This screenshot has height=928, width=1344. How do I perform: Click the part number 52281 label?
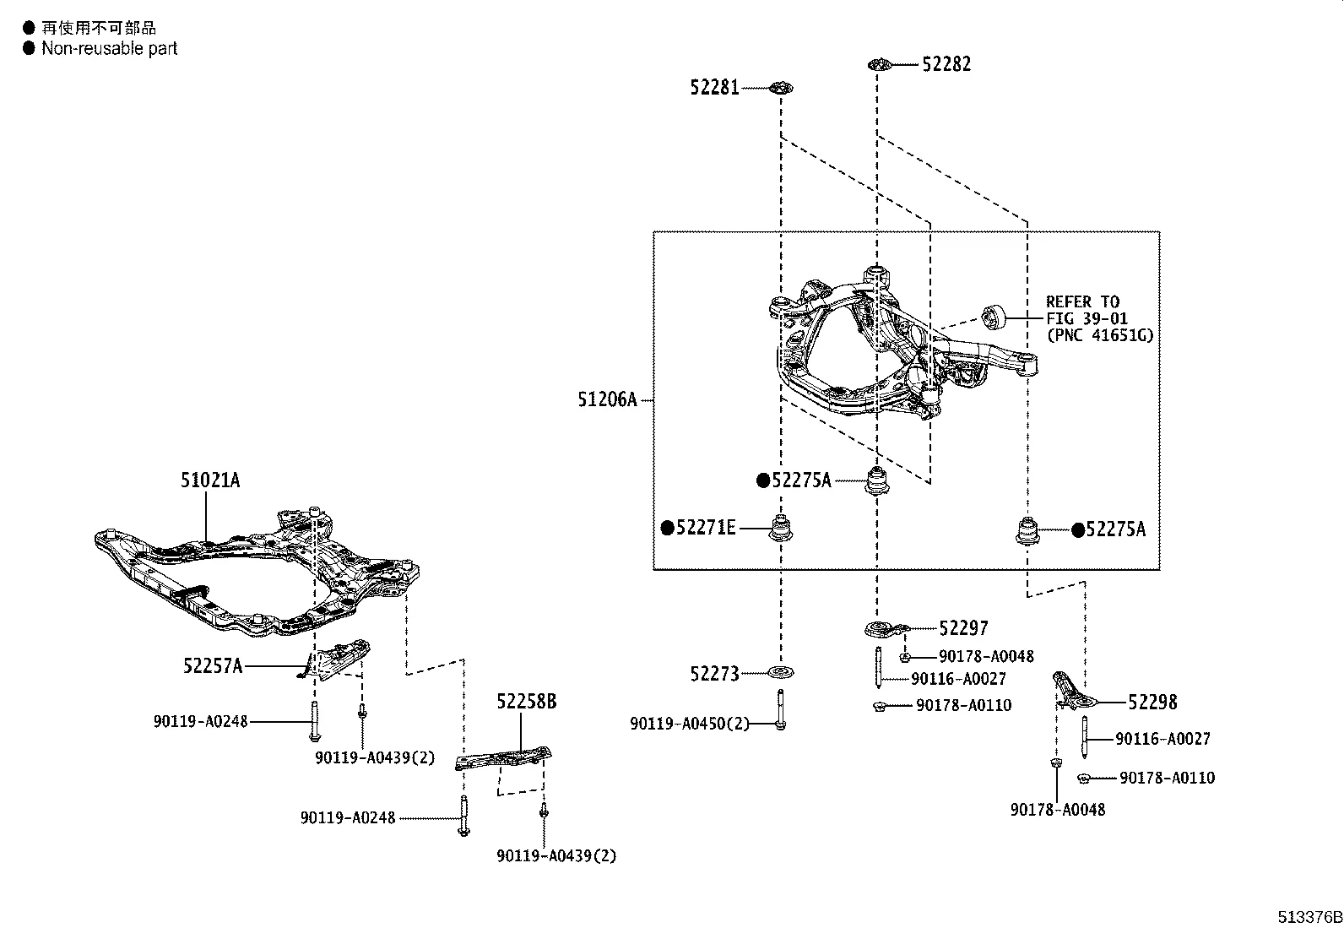click(x=714, y=87)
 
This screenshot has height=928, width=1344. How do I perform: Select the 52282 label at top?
click(x=946, y=64)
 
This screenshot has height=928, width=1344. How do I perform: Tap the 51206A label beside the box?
click(x=607, y=399)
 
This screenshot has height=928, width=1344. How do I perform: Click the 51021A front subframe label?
click(x=209, y=480)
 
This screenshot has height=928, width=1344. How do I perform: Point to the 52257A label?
click(x=213, y=666)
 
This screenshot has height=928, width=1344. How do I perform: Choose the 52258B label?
click(x=526, y=701)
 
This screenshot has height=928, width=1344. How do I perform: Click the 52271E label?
click(x=706, y=529)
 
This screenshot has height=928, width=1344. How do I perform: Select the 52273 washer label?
click(x=714, y=674)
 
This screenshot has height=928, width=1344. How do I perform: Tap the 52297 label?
click(x=963, y=627)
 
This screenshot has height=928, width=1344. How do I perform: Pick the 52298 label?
click(x=1152, y=702)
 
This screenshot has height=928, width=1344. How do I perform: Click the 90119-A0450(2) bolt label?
click(x=689, y=724)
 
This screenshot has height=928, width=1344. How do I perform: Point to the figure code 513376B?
click(x=1308, y=917)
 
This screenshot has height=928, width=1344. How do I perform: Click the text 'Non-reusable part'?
click(x=110, y=49)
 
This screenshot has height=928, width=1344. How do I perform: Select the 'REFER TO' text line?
click(x=1082, y=301)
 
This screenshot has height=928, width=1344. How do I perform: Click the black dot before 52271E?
click(x=667, y=529)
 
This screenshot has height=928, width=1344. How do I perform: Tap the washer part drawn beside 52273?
click(x=780, y=673)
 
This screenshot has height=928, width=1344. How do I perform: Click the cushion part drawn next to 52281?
click(x=782, y=87)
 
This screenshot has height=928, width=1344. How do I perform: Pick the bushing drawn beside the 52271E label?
click(x=781, y=529)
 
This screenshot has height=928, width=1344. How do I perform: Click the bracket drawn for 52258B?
click(x=502, y=757)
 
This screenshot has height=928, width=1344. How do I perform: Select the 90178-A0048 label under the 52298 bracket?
click(x=1057, y=809)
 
